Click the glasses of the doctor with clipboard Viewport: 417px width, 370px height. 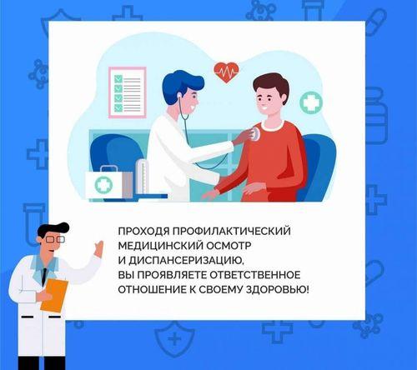(x=52, y=239)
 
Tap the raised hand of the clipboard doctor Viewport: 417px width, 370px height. (x=98, y=247)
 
